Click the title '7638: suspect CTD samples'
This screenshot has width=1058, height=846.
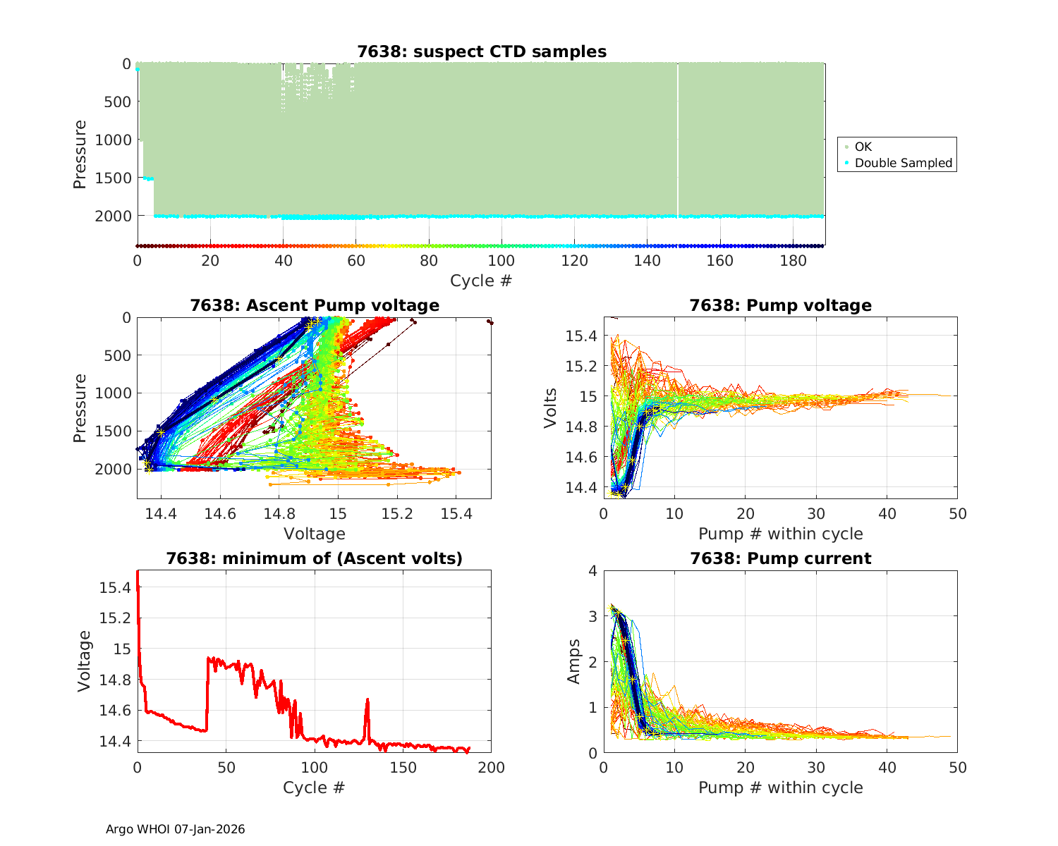(482, 51)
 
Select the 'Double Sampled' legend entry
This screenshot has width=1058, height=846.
(903, 163)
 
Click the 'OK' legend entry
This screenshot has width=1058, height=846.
(863, 147)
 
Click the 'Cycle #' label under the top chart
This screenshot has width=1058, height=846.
(481, 281)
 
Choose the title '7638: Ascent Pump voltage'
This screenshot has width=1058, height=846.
(314, 305)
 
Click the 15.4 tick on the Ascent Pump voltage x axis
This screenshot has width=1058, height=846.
(456, 513)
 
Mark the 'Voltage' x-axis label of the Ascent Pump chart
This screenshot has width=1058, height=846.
(314, 534)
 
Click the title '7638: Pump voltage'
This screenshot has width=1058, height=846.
(780, 305)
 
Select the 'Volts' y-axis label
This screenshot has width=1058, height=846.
(551, 408)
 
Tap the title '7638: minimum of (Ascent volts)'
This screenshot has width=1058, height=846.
(314, 559)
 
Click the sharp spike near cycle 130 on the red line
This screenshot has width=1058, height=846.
(367, 700)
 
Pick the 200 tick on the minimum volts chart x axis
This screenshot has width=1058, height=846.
(491, 767)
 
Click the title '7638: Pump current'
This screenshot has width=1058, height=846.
(780, 559)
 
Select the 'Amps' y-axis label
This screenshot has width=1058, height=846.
(575, 661)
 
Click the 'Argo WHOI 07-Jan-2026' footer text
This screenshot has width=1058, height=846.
(175, 829)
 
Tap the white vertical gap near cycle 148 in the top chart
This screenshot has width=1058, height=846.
(678, 141)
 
